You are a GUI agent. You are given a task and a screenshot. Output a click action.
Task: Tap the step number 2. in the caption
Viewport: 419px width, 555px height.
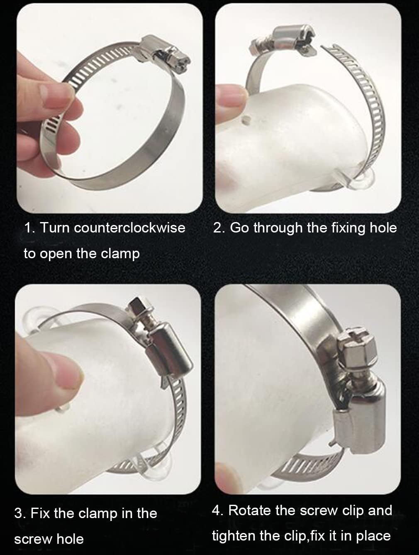point(219,227)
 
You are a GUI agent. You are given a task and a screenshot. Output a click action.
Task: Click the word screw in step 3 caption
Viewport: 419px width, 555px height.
point(32,539)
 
